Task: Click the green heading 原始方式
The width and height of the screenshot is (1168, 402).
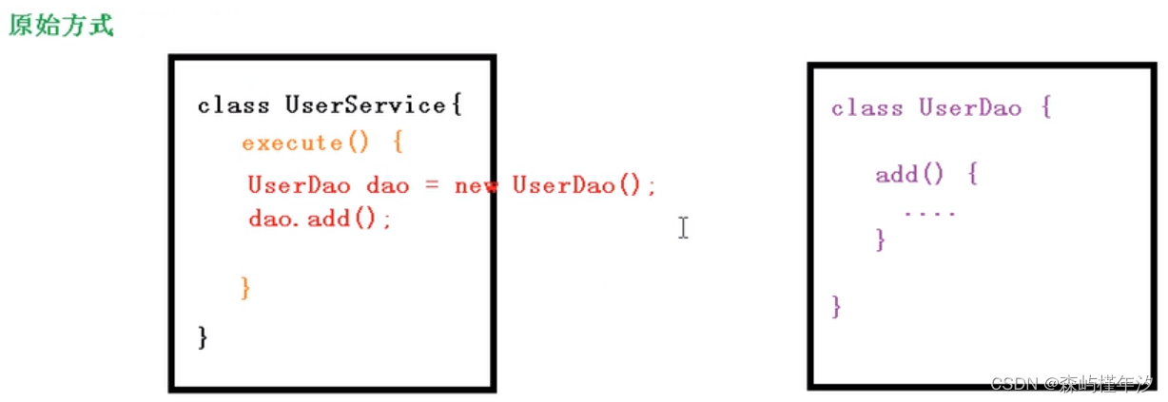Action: point(61,25)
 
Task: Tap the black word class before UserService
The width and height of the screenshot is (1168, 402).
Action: point(233,105)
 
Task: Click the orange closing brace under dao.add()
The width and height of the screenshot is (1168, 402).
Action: point(246,287)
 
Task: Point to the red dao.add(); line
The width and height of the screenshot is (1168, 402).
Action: point(320,219)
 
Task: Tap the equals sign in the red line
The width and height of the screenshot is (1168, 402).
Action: point(431,185)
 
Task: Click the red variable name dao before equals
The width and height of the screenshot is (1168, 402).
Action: point(387,185)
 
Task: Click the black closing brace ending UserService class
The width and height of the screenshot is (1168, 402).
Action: point(202,336)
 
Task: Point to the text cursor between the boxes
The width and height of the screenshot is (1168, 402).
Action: point(683,227)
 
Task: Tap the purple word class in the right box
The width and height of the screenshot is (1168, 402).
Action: point(866,107)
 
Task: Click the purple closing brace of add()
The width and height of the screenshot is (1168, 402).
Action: point(881,239)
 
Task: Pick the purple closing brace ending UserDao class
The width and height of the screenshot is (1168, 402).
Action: point(836,306)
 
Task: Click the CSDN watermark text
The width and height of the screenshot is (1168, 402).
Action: point(1072,383)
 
